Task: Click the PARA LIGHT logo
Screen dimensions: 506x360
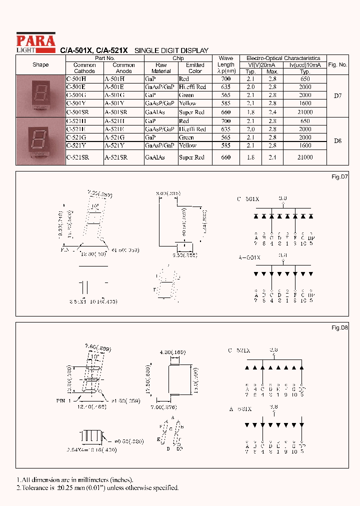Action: click(35, 42)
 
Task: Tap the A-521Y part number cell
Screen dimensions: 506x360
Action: click(114, 145)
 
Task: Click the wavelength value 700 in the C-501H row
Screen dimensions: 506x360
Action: click(225, 79)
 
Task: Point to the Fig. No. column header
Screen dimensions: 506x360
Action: click(337, 65)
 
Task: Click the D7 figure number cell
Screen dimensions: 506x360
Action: click(337, 95)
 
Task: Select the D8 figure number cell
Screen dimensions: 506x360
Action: click(337, 141)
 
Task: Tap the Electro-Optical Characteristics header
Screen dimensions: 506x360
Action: click(283, 58)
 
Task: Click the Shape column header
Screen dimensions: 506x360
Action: click(40, 65)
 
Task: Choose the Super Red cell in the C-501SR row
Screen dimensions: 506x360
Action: click(192, 112)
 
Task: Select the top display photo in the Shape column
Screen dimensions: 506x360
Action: click(40, 95)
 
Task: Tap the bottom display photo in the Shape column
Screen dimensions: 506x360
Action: click(40, 140)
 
